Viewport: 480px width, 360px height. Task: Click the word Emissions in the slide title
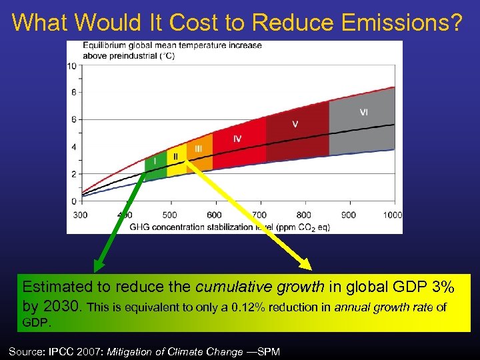pos(396,22)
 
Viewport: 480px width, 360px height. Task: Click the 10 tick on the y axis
pos(71,65)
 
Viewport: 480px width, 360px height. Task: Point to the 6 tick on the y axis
pos(73,120)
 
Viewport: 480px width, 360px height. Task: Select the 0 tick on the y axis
pos(73,201)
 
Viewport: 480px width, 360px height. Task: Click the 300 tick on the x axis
pos(80,215)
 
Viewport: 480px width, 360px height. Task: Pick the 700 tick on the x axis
pos(259,215)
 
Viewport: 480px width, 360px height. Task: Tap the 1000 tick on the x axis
pos(393,215)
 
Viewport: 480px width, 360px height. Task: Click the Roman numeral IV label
pos(237,139)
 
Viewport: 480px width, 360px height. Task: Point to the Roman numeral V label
pos(295,124)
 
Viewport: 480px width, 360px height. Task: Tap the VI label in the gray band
pos(363,112)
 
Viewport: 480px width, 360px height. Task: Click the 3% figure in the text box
pos(441,287)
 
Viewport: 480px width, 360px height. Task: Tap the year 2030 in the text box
pos(64,307)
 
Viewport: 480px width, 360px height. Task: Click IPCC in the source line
pos(65,351)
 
